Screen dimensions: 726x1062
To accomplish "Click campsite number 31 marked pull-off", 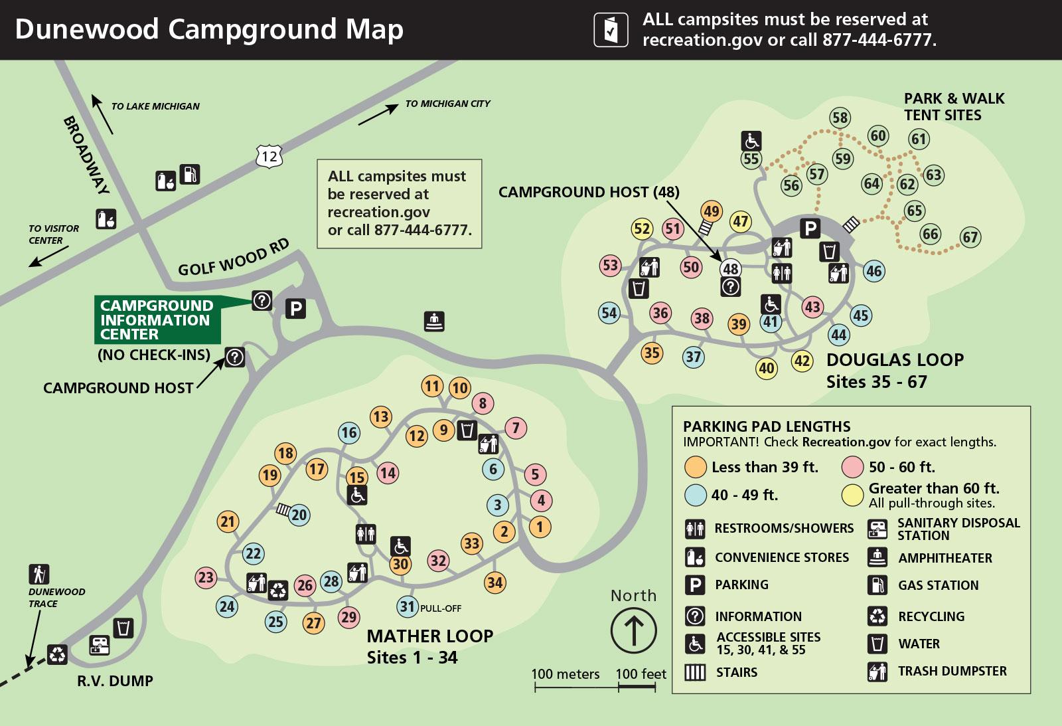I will (408, 606).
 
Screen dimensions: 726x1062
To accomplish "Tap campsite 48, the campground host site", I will (730, 269).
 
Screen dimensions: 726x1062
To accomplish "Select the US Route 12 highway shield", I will (269, 157).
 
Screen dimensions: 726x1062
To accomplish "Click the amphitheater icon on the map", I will (434, 321).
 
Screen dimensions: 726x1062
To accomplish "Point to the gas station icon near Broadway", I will (190, 174).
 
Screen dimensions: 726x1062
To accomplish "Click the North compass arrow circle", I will (633, 630).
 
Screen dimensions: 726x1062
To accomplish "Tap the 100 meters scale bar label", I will (565, 674).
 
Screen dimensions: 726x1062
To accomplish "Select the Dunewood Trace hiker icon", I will (39, 574).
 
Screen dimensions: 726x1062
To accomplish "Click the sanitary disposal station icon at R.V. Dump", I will (100, 644).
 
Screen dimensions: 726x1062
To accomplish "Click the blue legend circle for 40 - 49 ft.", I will (695, 495).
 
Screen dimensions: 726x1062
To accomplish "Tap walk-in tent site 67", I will (970, 237).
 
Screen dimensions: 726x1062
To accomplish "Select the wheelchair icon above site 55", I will (751, 141).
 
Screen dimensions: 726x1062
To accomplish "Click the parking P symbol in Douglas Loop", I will (810, 229).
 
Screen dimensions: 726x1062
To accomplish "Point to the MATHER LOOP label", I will (429, 636).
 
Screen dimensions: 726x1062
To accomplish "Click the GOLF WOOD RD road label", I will (234, 258).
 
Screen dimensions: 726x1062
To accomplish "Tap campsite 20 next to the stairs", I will (299, 515).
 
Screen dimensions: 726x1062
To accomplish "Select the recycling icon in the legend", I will (877, 616).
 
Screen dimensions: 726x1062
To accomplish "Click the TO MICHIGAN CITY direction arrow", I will (378, 115).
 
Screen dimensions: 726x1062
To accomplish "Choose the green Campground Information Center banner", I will (157, 319).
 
